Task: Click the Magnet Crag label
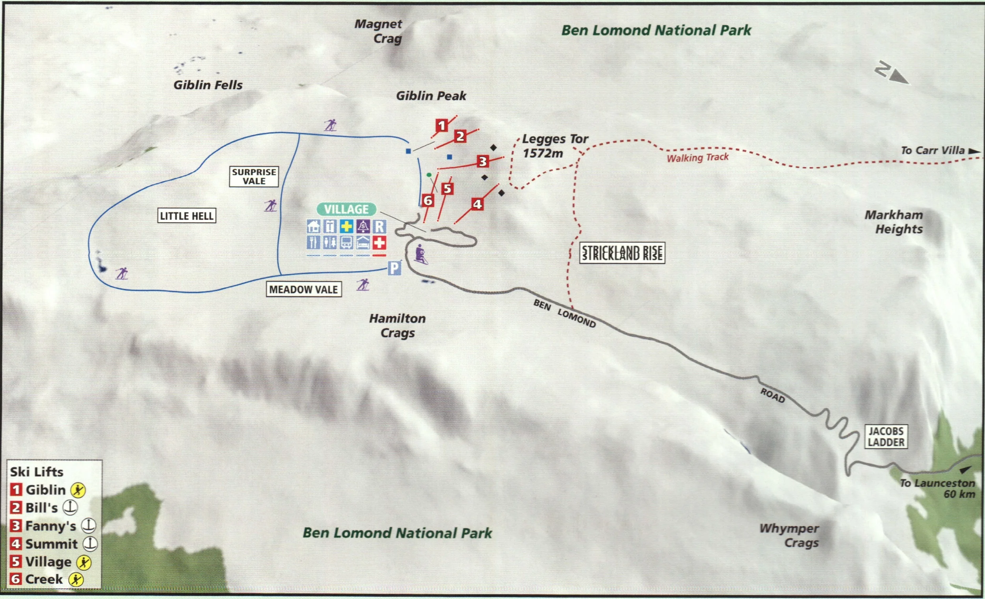379,31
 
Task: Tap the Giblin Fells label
208,85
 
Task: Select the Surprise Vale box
254,176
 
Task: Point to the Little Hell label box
187,216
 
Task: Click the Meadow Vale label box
303,290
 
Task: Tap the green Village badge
346,209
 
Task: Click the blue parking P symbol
394,268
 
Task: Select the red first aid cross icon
379,242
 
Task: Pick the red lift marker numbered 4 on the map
477,204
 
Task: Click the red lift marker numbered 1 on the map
441,126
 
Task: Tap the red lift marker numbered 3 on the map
483,161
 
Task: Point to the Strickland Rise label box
622,253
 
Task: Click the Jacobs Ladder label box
886,436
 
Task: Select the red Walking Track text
697,157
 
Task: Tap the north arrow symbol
892,73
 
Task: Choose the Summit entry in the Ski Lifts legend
51,544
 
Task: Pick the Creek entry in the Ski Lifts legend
44,579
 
